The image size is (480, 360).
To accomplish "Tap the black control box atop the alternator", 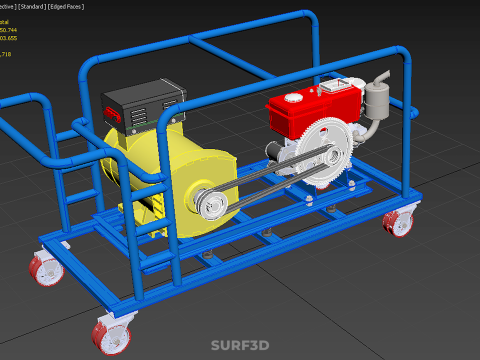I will [x=140, y=105].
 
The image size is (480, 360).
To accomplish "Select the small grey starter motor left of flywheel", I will [x=274, y=150].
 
